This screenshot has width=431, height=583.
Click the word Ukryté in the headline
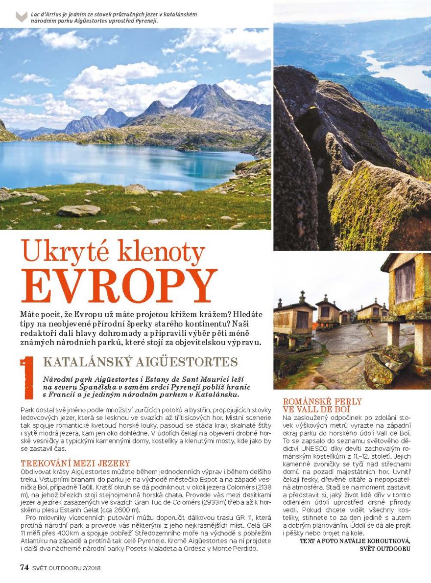[68, 253]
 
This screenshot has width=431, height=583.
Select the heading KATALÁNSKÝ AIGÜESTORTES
[141, 362]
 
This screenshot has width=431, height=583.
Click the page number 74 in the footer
[24, 567]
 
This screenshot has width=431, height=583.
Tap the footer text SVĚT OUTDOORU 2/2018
[70, 568]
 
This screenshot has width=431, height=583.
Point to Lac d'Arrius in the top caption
[45, 14]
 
